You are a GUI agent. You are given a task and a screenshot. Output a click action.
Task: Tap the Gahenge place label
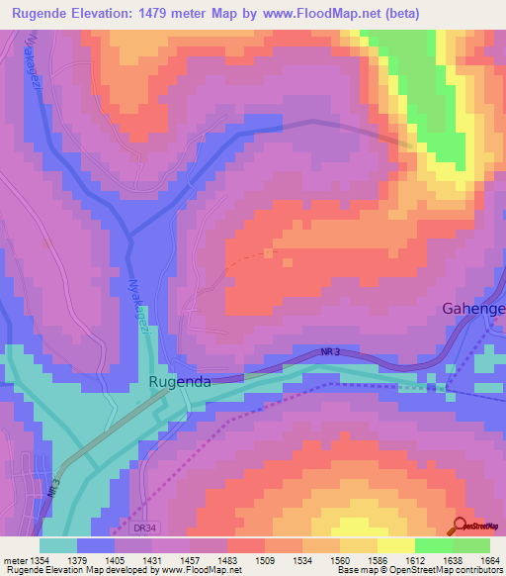click(x=472, y=309)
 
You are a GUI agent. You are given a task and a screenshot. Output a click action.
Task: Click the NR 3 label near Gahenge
click(x=332, y=352)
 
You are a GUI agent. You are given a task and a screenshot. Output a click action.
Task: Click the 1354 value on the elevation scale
click(x=42, y=560)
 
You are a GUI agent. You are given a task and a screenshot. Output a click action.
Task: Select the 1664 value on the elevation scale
click(x=488, y=560)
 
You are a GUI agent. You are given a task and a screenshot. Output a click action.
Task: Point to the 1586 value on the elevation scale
click(x=378, y=560)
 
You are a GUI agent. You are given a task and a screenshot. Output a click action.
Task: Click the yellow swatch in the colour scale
click(x=395, y=545)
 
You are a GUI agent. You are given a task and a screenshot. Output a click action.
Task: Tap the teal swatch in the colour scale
click(x=58, y=545)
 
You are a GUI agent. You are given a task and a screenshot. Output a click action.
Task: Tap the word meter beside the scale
click(x=14, y=560)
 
